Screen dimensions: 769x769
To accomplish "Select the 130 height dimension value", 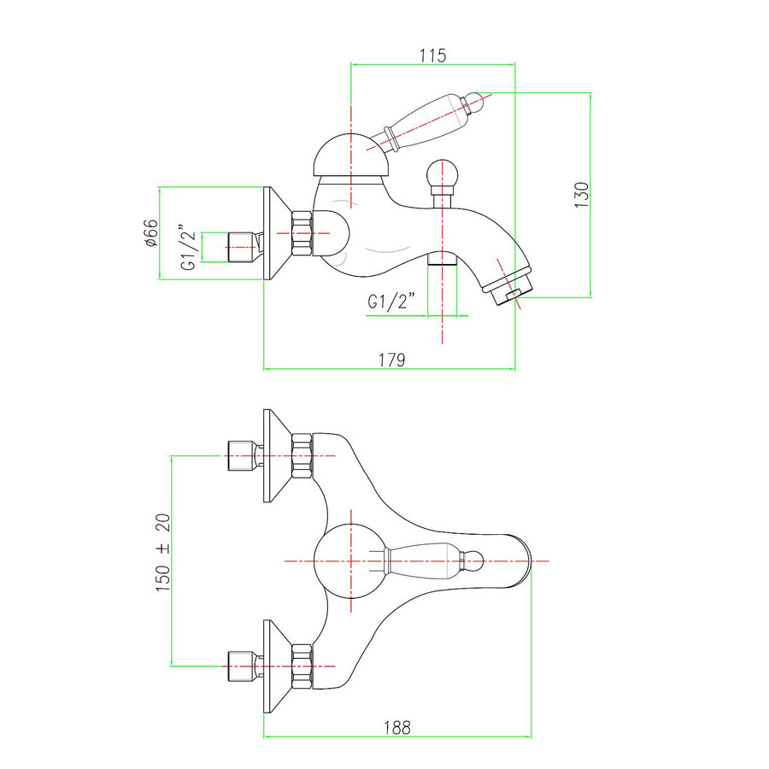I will [582, 196].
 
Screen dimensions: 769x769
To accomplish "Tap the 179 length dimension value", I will [390, 359].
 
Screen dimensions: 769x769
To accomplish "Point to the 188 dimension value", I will [397, 727].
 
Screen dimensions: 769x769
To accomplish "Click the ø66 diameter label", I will [150, 232].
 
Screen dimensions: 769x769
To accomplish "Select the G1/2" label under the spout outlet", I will [391, 302].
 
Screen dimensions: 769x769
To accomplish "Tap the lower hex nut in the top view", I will [302, 666].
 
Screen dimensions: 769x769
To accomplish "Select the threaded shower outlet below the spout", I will [441, 258].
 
